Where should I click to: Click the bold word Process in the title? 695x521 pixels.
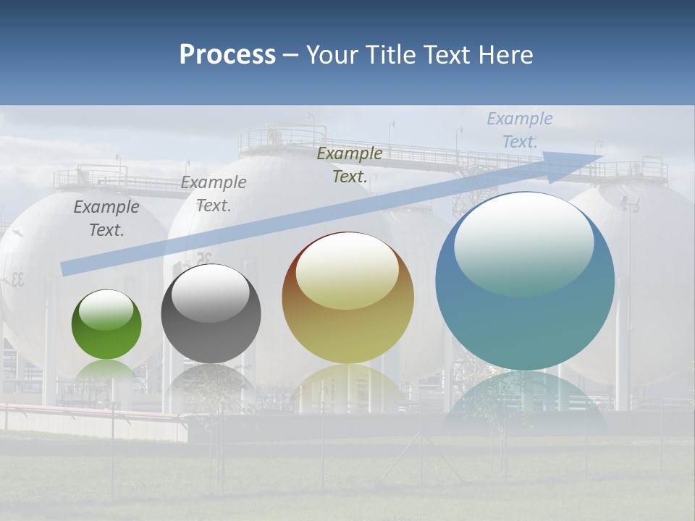[x=227, y=55]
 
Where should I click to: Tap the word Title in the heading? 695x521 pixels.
[x=391, y=55]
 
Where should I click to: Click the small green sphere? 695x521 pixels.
[x=106, y=325]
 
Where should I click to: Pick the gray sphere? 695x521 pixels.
[x=211, y=314]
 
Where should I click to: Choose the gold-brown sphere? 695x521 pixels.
[x=347, y=298]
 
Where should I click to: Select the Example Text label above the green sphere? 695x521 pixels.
[x=106, y=219]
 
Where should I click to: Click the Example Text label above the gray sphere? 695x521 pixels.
[x=214, y=194]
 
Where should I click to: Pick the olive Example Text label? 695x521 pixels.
[x=350, y=164]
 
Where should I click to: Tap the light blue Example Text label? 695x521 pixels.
[x=519, y=130]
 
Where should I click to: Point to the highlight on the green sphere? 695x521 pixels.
[x=106, y=310]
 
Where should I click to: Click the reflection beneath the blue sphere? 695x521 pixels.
[x=525, y=398]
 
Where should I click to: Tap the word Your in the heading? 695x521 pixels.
[x=332, y=55]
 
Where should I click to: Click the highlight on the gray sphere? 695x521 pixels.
[x=211, y=289]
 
